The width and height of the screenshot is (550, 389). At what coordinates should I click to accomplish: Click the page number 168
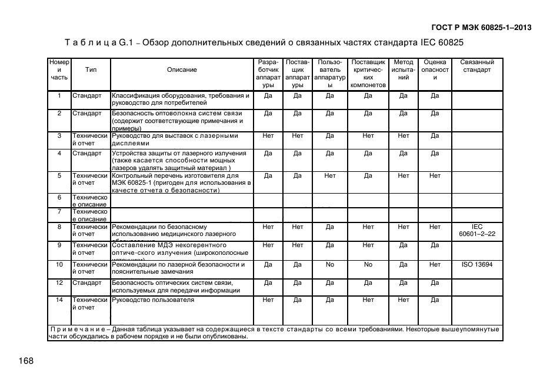coord(26,361)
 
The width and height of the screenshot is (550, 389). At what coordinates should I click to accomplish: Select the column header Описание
coord(182,70)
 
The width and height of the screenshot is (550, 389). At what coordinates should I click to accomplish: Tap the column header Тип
coord(91,70)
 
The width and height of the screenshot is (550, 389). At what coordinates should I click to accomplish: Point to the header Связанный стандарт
coord(477,66)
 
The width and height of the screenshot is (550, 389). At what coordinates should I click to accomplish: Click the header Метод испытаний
coord(403,70)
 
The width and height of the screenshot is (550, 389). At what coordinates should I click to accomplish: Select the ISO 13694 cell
coord(477,265)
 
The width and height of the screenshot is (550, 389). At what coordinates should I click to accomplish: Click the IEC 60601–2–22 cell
coord(477,230)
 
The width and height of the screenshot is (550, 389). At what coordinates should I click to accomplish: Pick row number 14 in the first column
coord(59,300)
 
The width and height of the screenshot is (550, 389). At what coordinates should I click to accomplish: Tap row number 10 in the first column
coord(59,265)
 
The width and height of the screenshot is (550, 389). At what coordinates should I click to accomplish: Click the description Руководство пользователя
coord(153,300)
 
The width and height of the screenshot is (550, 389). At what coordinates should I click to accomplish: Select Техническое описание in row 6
coord(90,201)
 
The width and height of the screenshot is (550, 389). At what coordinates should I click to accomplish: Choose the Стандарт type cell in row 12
coord(87,282)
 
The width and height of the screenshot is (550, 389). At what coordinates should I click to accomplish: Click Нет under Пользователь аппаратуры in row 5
coord(330,175)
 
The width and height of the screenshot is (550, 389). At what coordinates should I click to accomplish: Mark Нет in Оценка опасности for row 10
coord(435,265)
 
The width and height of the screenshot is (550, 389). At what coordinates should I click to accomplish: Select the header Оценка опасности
coord(435,70)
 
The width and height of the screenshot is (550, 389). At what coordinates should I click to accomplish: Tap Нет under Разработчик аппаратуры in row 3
coord(268,136)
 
